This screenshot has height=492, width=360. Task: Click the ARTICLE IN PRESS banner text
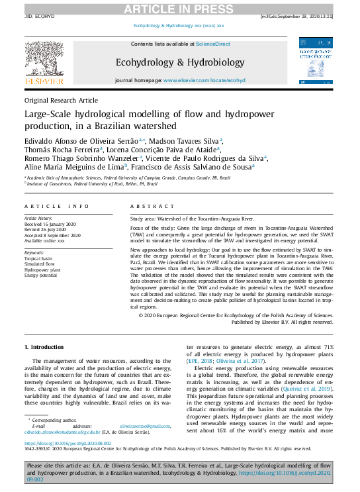tap(179, 8)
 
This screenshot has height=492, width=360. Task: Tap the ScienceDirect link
tap(212, 43)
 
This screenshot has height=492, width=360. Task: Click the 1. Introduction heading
tap(44, 347)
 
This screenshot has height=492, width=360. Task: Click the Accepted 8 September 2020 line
tap(53, 235)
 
